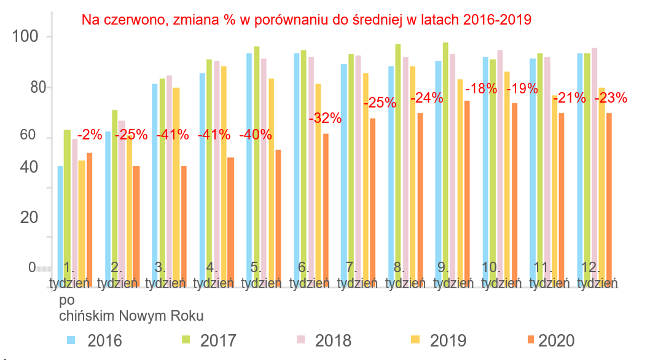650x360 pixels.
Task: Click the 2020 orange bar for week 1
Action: (x=90, y=211)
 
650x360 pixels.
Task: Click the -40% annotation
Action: (x=256, y=135)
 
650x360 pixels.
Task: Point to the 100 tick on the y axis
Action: (x=25, y=37)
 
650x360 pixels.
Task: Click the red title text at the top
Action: (x=307, y=20)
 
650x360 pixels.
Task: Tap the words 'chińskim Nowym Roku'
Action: (x=131, y=316)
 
